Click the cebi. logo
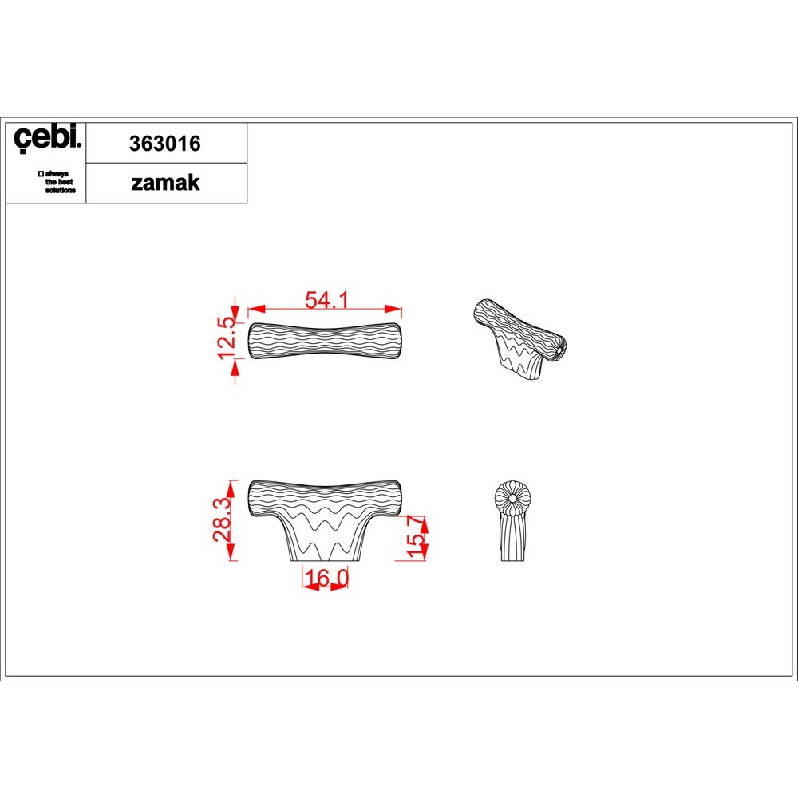pyautogui.click(x=47, y=138)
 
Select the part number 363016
pyautogui.click(x=165, y=144)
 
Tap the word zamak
pyautogui.click(x=165, y=183)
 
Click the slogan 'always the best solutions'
pyautogui.click(x=57, y=182)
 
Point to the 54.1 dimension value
pyautogui.click(x=326, y=300)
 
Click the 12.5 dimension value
pyautogui.click(x=227, y=338)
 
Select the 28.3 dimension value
pyautogui.click(x=222, y=520)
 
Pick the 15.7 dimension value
pyautogui.click(x=415, y=536)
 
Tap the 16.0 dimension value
pyautogui.click(x=326, y=578)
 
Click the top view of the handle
pyautogui.click(x=325, y=341)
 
